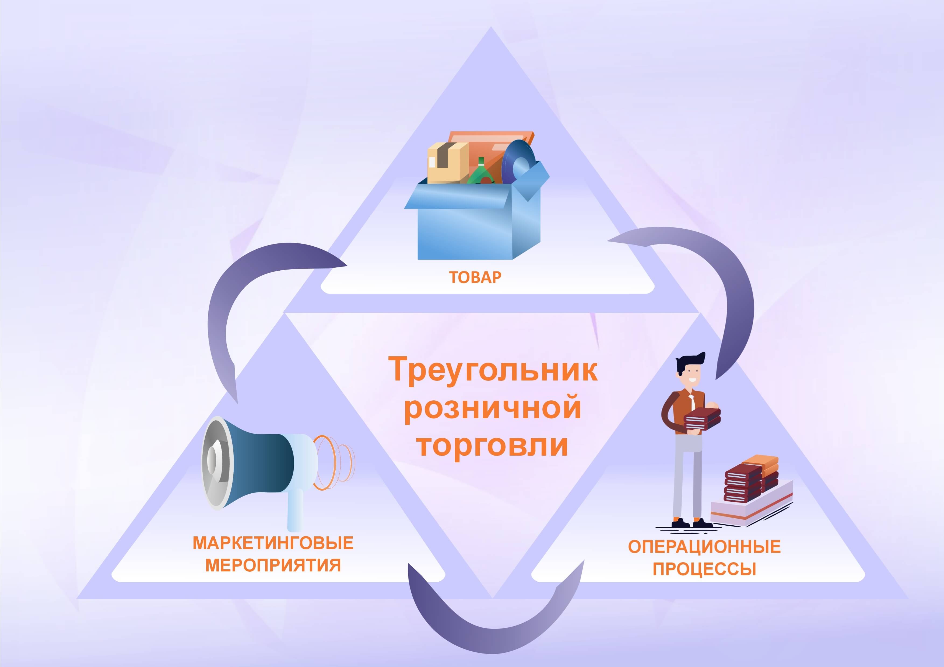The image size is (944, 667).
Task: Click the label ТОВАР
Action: (475, 277)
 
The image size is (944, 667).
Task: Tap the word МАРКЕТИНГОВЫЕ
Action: (273, 543)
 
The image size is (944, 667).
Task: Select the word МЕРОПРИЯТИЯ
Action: (273, 565)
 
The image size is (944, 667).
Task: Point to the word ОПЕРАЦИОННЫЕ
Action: (704, 547)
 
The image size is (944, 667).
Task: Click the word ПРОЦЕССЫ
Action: (704, 569)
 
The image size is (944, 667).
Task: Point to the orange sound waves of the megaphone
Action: (334, 463)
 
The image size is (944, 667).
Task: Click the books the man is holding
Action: (702, 419)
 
